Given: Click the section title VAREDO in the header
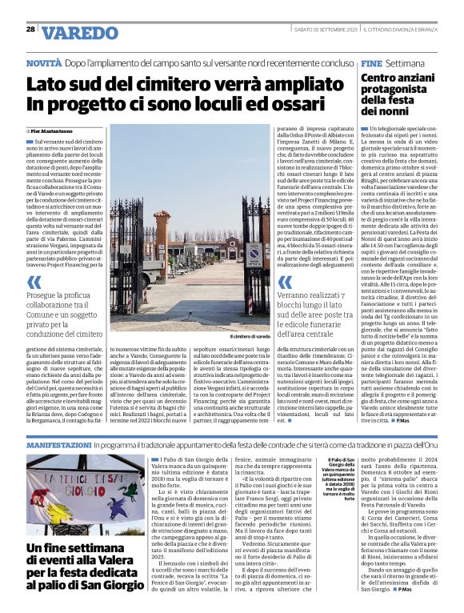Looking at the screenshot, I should (x=79, y=33).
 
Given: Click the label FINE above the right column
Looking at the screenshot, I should (x=370, y=62).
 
